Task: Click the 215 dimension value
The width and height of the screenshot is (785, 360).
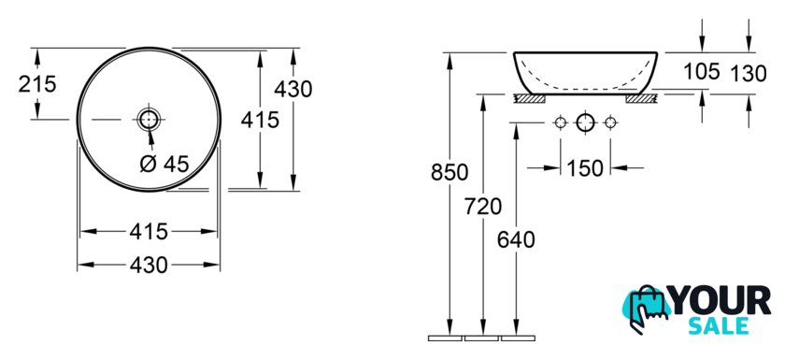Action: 37,83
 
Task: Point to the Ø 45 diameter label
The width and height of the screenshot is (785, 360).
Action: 164,164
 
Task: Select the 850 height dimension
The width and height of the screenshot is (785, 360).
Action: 450,172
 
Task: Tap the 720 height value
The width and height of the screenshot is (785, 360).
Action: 482,206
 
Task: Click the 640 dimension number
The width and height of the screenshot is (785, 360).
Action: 516,239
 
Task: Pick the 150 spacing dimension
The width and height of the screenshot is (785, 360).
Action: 585,168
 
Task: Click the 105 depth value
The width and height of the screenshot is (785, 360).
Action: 702,72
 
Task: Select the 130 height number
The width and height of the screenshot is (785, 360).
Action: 749,74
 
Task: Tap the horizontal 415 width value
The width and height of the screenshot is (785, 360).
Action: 149,232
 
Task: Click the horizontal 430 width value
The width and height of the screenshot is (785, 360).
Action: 149,265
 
